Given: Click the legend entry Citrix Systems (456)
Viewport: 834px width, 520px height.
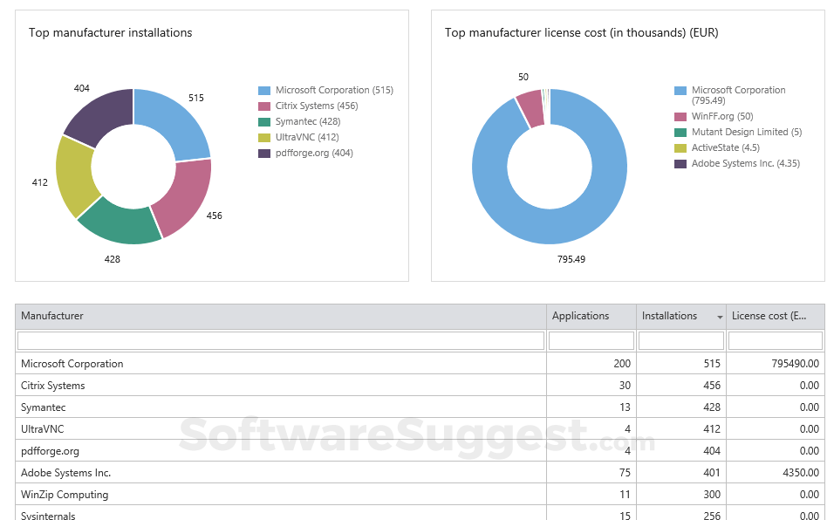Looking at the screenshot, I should pos(317,106).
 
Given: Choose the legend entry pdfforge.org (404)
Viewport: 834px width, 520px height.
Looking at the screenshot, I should pos(314,154).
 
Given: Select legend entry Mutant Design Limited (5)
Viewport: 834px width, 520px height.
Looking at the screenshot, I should pos(746,133).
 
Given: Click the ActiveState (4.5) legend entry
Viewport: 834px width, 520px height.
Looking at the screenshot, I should pos(725,148).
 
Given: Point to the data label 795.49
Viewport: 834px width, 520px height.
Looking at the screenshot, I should pos(571,259).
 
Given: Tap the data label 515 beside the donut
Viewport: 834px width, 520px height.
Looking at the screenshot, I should pos(196,98).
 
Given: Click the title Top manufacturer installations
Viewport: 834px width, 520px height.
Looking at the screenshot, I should pos(111,33).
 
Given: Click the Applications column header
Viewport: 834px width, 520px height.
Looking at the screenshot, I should pos(581,316).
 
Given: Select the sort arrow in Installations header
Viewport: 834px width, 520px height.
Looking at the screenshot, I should pos(720,317).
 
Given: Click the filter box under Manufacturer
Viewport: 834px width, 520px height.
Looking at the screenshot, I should pos(281,340).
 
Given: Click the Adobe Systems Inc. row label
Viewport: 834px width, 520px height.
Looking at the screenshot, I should pos(66,473).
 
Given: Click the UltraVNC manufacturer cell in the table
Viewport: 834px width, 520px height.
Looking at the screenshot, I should pos(43,429).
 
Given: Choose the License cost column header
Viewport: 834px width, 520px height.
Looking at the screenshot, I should pos(769,316).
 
